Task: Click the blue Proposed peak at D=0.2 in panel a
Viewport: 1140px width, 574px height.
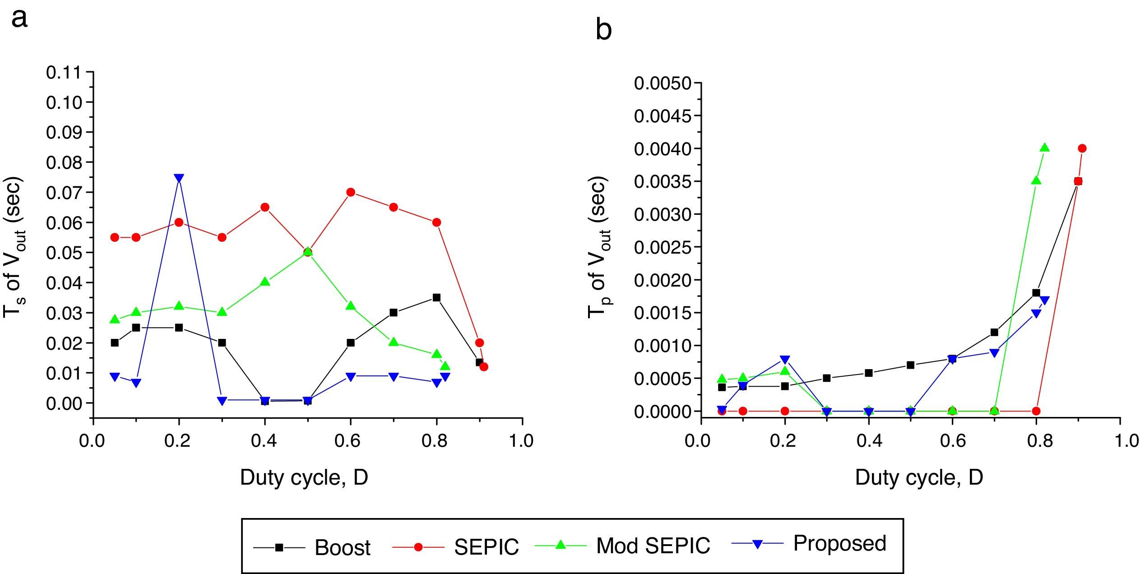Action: (179, 178)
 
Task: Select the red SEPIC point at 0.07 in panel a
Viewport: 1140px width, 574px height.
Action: (351, 192)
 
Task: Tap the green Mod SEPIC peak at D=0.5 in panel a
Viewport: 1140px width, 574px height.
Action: (308, 251)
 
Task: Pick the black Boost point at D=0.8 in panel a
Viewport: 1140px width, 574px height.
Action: (436, 297)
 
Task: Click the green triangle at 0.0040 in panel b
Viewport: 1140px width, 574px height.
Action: (1045, 148)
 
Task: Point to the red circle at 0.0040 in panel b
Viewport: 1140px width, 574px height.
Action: (1082, 148)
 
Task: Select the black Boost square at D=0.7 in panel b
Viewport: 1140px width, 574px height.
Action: (994, 332)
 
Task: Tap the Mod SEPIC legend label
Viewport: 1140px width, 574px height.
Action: (653, 545)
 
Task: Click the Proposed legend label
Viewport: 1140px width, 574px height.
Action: (839, 543)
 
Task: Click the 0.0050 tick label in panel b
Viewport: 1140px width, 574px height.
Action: (663, 83)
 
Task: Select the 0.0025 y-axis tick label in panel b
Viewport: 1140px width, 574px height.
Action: (663, 247)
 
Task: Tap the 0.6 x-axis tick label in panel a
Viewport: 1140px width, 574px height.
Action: (348, 440)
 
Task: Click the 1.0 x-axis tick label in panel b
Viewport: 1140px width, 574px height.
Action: (1119, 440)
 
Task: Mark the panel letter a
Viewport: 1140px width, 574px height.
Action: (19, 19)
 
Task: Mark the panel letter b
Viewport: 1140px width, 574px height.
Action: (603, 30)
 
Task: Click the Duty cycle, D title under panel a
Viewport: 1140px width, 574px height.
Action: (304, 477)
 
